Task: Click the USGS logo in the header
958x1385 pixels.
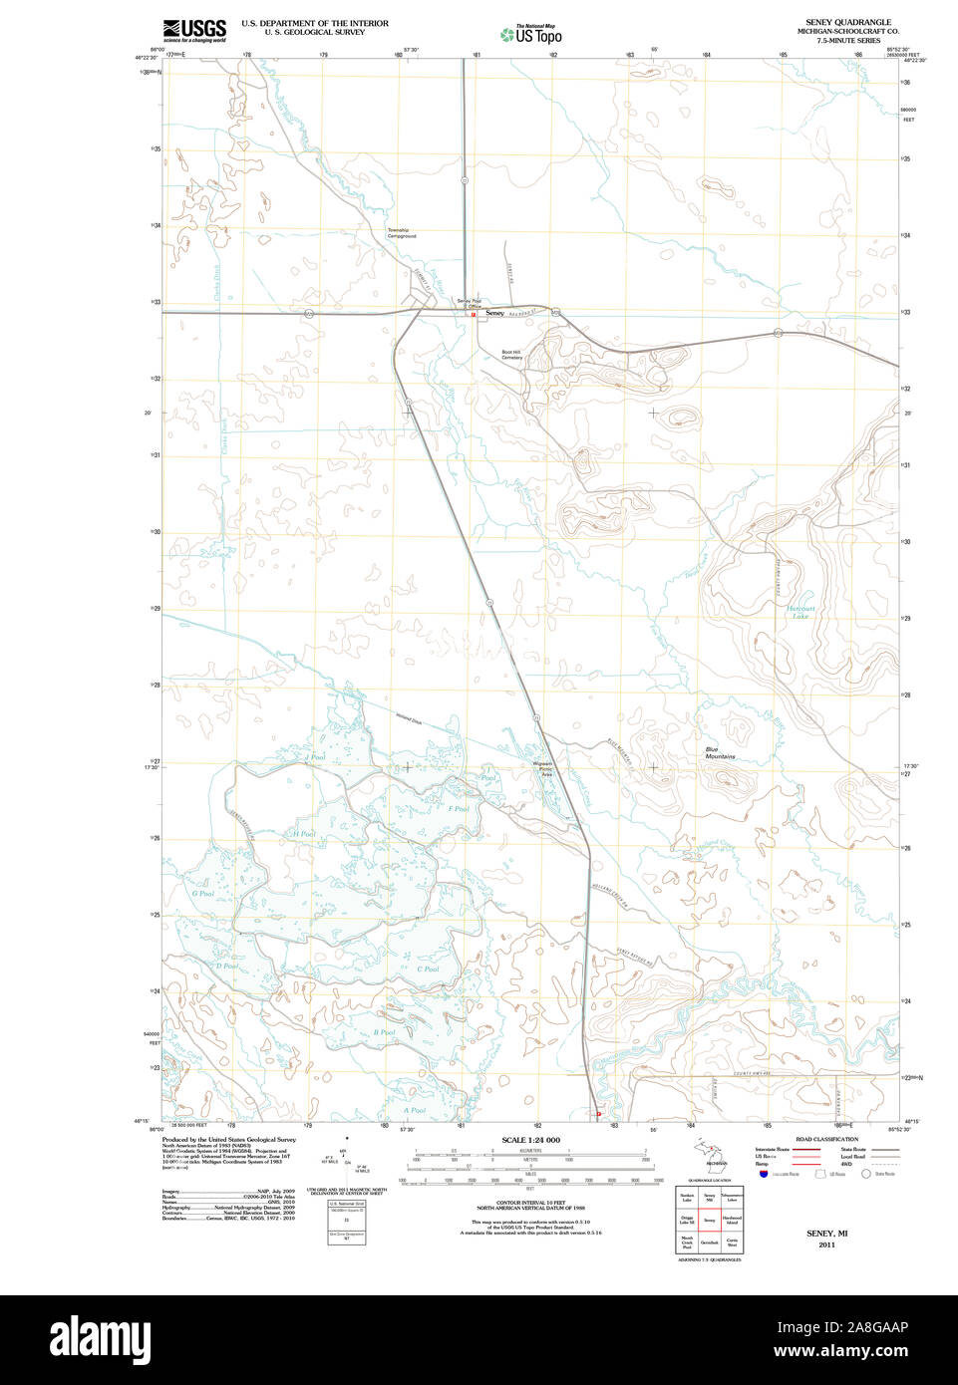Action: coord(194,30)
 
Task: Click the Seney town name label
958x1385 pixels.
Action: coord(494,314)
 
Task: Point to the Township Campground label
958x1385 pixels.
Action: coord(399,233)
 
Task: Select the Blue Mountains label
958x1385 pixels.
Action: coord(720,753)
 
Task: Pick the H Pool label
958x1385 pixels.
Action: coord(304,834)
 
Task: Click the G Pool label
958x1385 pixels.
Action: coord(202,894)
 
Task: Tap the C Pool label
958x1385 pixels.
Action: coord(428,969)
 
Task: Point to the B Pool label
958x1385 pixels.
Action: coord(385,1032)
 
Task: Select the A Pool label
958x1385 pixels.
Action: coord(415,1110)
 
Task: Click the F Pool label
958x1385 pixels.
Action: coord(459,809)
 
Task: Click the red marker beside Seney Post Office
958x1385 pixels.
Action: coord(474,315)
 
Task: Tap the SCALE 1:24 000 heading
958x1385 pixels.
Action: coord(530,1140)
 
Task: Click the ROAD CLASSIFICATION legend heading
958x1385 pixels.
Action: coord(826,1139)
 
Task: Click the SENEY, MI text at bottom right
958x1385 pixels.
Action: coord(826,1234)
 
